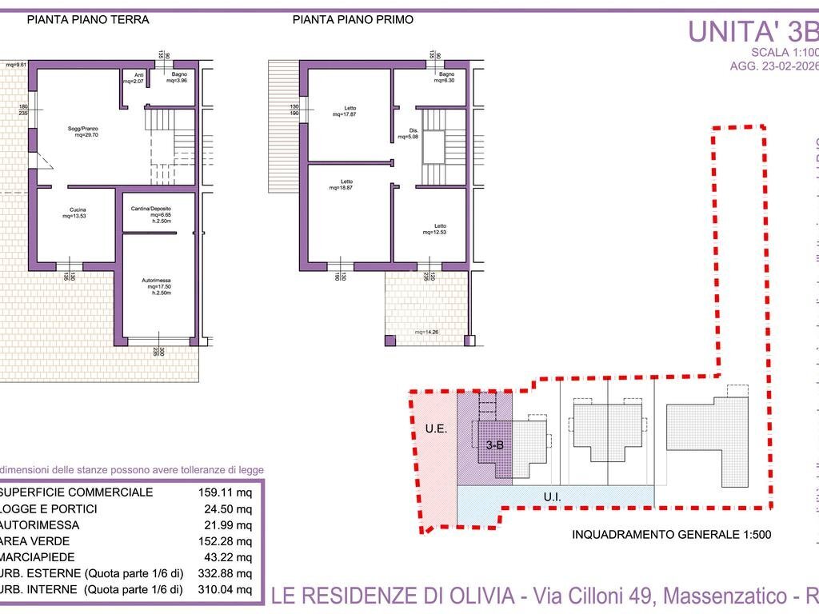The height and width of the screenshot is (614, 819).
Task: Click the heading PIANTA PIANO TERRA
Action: click(88, 20)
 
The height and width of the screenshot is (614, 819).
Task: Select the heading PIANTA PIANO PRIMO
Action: click(353, 20)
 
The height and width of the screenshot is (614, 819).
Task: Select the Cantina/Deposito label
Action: click(151, 213)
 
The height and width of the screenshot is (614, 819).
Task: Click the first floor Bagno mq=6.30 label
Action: click(444, 78)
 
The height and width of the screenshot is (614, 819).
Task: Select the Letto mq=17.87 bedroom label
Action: click(345, 111)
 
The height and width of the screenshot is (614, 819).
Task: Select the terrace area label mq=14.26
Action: click(426, 332)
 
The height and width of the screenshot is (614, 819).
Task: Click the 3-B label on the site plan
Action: click(494, 446)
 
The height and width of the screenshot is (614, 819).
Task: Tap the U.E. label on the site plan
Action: click(435, 429)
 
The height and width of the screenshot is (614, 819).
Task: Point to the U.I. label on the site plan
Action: click(552, 497)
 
